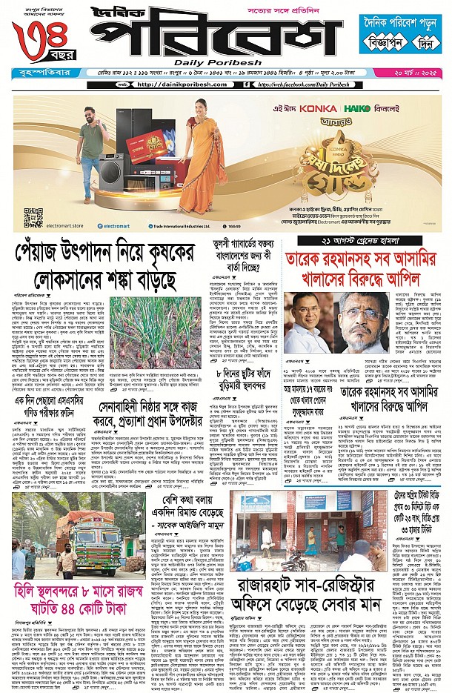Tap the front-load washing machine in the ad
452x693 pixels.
[108, 176]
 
